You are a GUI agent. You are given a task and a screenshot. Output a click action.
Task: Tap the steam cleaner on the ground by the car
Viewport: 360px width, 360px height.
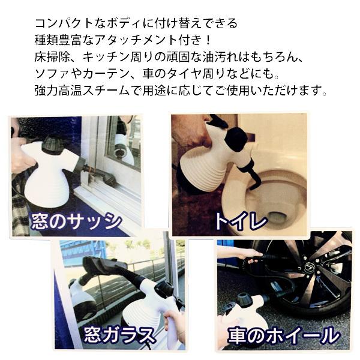pyautogui.click(x=246, y=312)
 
